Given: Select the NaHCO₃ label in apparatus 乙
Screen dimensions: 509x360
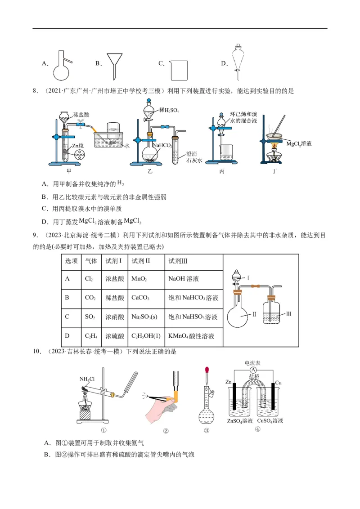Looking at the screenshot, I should coord(161,146).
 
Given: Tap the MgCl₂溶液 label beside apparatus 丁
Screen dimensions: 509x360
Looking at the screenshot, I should coord(299,144).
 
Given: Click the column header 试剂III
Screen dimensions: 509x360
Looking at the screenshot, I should coord(177,261).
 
